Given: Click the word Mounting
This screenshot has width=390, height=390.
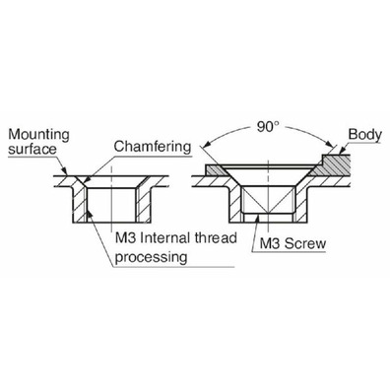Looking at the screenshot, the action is coord(38,135).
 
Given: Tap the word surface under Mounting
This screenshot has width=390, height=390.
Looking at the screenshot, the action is coord(32,149).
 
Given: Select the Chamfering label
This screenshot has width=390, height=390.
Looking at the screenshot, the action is coord(153,147).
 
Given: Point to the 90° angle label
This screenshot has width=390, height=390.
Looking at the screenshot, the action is coord(268,127).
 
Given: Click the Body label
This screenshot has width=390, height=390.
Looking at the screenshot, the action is coord(365,134).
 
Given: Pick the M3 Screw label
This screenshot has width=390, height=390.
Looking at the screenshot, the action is coord(292,243).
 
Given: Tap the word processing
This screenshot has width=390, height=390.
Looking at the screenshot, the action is coord(151,257).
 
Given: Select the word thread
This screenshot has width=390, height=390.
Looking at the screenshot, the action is coord(216,237).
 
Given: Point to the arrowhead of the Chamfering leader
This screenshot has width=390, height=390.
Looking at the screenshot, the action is coord(85,180).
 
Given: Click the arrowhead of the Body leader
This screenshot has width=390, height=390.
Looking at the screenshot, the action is coord(339,151).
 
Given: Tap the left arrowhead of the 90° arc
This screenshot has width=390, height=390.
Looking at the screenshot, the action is coord(208,145).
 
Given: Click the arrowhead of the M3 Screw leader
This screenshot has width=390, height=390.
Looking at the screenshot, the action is coord(258,219).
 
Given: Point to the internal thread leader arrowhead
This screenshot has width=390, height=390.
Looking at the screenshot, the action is coord(91,215).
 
